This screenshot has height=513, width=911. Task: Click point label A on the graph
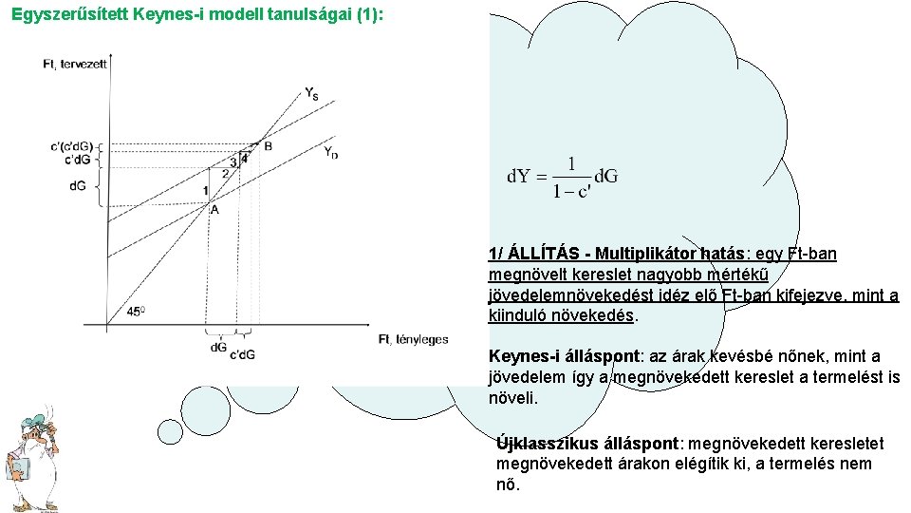click(214, 210)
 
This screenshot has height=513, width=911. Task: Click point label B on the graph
click(269, 146)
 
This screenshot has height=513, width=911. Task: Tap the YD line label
click(330, 152)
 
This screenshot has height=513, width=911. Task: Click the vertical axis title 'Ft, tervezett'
click(75, 64)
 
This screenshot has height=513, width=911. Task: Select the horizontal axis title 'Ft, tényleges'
click(413, 339)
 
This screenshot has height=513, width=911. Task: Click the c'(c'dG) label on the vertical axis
click(72, 145)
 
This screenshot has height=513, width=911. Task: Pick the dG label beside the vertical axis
click(77, 185)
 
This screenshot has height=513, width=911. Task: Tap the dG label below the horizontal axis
click(218, 348)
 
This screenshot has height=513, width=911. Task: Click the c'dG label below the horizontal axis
click(242, 354)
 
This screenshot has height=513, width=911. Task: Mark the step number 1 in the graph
click(205, 191)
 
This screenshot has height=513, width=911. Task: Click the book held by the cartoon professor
click(16, 470)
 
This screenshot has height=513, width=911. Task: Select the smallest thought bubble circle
click(170, 431)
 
